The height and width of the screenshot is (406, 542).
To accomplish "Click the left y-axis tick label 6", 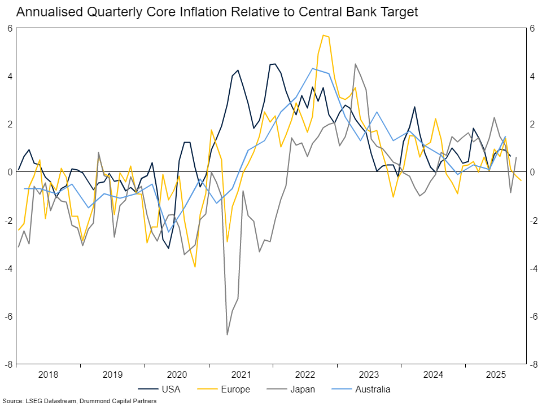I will [10, 28].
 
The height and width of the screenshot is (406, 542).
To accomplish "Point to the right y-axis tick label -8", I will [533, 364].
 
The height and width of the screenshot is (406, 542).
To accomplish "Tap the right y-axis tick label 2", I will [532, 124].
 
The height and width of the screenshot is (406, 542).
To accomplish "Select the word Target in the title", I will [399, 12].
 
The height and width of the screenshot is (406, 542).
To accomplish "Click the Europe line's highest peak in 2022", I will [324, 35].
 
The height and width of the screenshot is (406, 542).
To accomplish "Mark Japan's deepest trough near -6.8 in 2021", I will [228, 334].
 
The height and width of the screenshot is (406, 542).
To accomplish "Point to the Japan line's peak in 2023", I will [355, 64].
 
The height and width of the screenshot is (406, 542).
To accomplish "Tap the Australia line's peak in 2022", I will [312, 68].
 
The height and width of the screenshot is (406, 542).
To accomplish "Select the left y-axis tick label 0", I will [10, 172].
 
